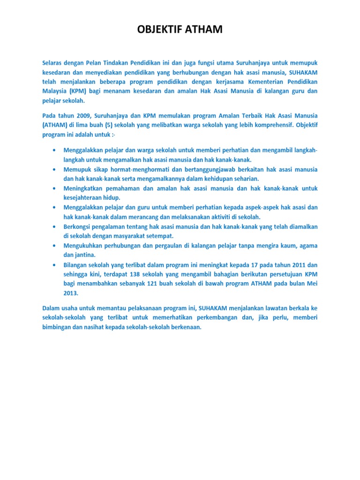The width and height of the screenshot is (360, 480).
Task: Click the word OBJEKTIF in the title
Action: (159, 30)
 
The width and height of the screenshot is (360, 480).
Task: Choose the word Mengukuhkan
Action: (87, 245)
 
